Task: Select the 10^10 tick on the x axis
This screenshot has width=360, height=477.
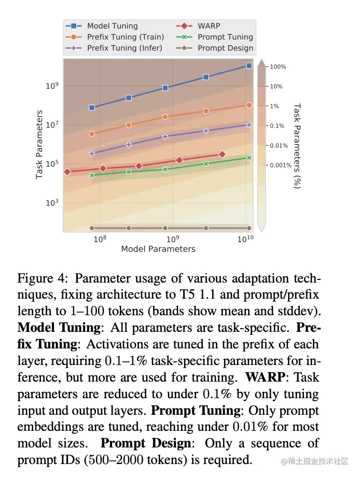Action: pyautogui.click(x=245, y=238)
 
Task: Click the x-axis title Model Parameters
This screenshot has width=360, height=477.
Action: pyautogui.click(x=158, y=249)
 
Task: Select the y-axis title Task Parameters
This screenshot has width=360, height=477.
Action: pyautogui.click(x=39, y=145)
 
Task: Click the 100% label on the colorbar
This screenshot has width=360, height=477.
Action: pyautogui.click(x=278, y=67)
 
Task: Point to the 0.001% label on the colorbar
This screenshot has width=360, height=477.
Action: pyautogui.click(x=282, y=165)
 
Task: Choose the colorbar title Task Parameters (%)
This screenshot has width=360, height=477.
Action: pyautogui.click(x=297, y=146)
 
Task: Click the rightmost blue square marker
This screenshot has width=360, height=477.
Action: pyautogui.click(x=249, y=66)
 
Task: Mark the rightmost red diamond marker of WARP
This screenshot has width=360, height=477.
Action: pyautogui.click(x=222, y=154)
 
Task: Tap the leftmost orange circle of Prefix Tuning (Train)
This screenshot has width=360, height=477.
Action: pyautogui.click(x=92, y=134)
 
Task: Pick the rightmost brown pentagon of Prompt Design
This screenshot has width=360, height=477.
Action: pyautogui.click(x=249, y=228)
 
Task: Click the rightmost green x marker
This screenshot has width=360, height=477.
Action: pyautogui.click(x=249, y=158)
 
